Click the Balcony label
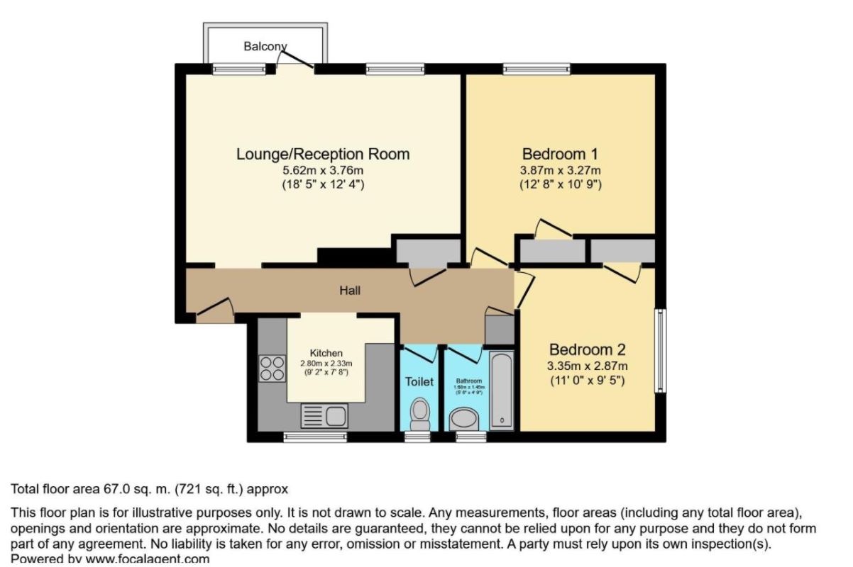point(265,47)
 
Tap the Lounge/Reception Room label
point(323,154)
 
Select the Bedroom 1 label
point(554,154)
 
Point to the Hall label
point(350,290)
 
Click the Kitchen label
point(326,353)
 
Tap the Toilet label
point(419,381)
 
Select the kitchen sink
point(323,414)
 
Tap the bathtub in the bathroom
point(502,390)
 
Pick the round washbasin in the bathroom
point(466,420)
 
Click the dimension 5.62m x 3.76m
point(323,171)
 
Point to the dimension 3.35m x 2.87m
point(588,366)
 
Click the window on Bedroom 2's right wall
point(659,350)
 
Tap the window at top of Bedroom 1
point(536,69)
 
